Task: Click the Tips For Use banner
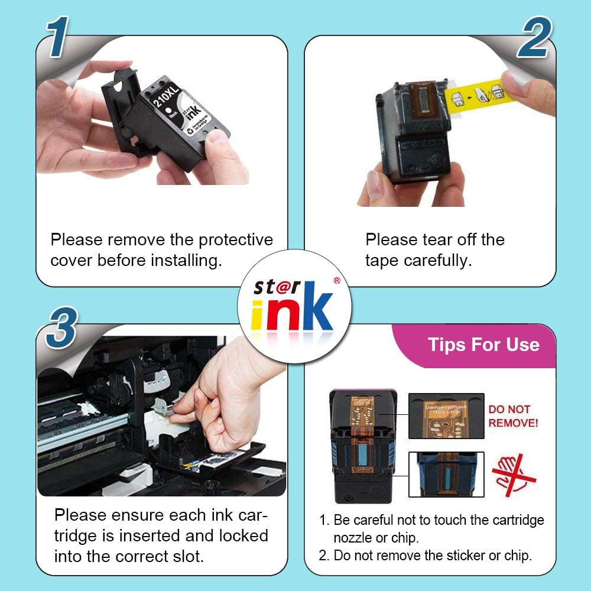[483, 345]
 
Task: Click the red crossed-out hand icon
[513, 473]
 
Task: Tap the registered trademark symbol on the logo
[336, 281]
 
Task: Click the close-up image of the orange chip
[446, 416]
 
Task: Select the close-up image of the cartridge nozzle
[446, 474]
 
